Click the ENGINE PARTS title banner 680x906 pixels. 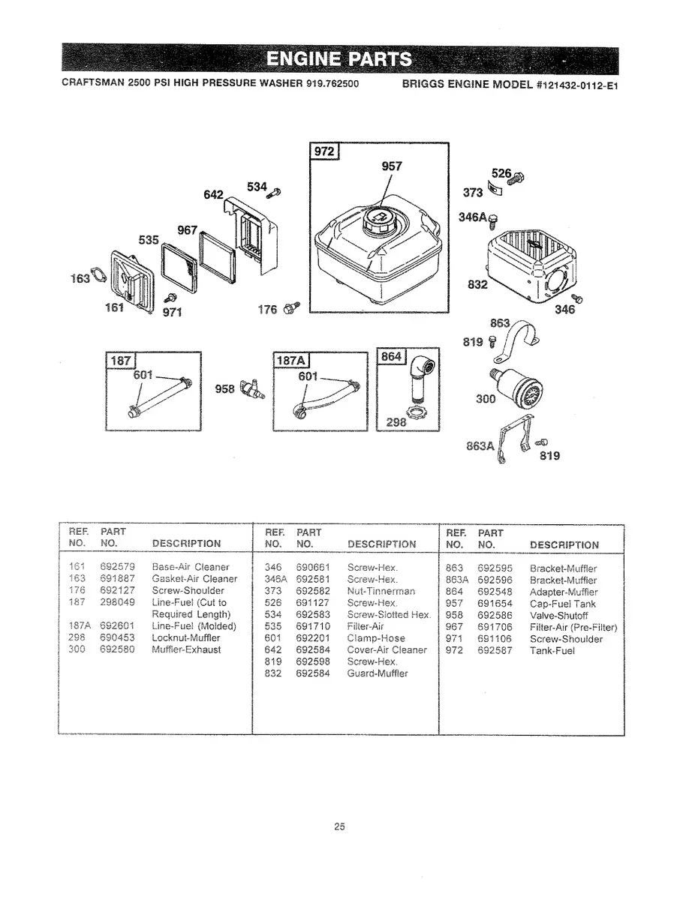(x=339, y=60)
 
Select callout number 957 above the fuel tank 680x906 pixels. (x=392, y=166)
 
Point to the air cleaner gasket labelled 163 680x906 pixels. (x=98, y=278)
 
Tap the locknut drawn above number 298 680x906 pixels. (x=414, y=409)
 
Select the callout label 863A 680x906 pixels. (x=480, y=445)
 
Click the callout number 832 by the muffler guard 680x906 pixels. (x=477, y=285)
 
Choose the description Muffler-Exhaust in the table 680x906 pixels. (x=186, y=649)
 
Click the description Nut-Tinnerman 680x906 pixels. (x=381, y=592)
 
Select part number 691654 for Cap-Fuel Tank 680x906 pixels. (x=495, y=603)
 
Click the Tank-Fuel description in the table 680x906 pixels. (x=552, y=651)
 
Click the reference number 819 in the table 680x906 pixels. (x=273, y=661)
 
